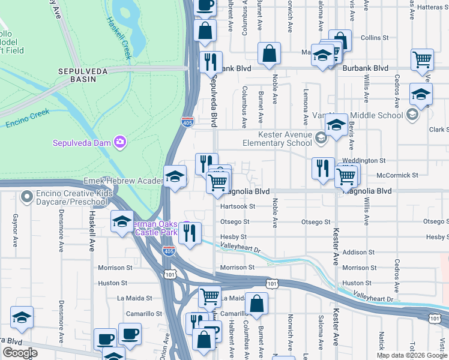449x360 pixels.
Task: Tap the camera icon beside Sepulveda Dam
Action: point(120,142)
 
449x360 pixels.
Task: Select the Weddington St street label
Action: point(364,161)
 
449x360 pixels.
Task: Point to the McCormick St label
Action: point(398,175)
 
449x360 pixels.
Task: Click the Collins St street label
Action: point(375,38)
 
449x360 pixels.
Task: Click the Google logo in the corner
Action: point(20,353)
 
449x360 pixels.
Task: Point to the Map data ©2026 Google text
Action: point(411,355)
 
